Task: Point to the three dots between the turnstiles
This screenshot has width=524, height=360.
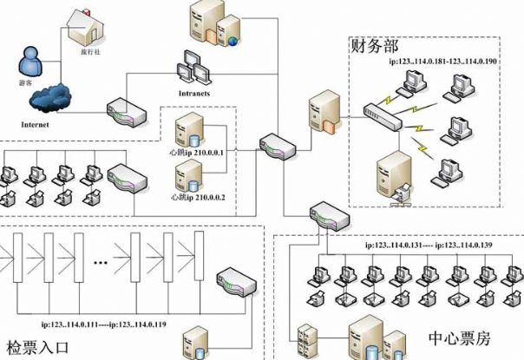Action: click(x=101, y=259)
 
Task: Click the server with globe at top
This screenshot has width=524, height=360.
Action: click(x=229, y=31)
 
